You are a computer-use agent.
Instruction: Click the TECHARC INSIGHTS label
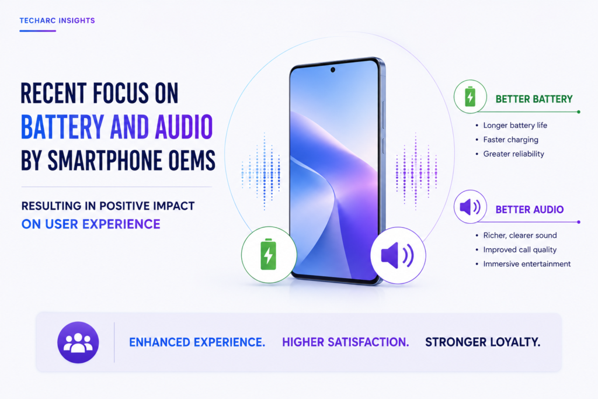pos(57,20)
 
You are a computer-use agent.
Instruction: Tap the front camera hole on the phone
pos(332,70)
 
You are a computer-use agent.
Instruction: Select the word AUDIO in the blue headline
pos(183,127)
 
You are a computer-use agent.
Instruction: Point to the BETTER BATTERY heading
pos(534,99)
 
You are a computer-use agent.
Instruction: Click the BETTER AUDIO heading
pos(529,209)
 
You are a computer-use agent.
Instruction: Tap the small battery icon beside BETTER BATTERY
pos(470,96)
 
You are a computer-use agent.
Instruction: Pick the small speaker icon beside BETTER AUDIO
pos(470,207)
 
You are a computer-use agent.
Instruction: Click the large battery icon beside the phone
pos(268,255)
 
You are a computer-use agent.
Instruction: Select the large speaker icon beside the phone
pos(397,255)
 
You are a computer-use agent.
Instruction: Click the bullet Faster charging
pos(510,140)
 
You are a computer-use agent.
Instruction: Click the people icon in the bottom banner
pos(78,342)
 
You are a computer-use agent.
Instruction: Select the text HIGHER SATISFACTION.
pos(346,342)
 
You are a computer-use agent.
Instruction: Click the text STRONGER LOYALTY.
pos(483,342)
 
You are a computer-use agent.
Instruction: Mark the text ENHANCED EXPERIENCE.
pos(197,342)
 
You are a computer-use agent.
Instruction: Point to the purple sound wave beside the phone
pos(416,172)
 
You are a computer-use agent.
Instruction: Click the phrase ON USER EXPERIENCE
pos(91,224)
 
